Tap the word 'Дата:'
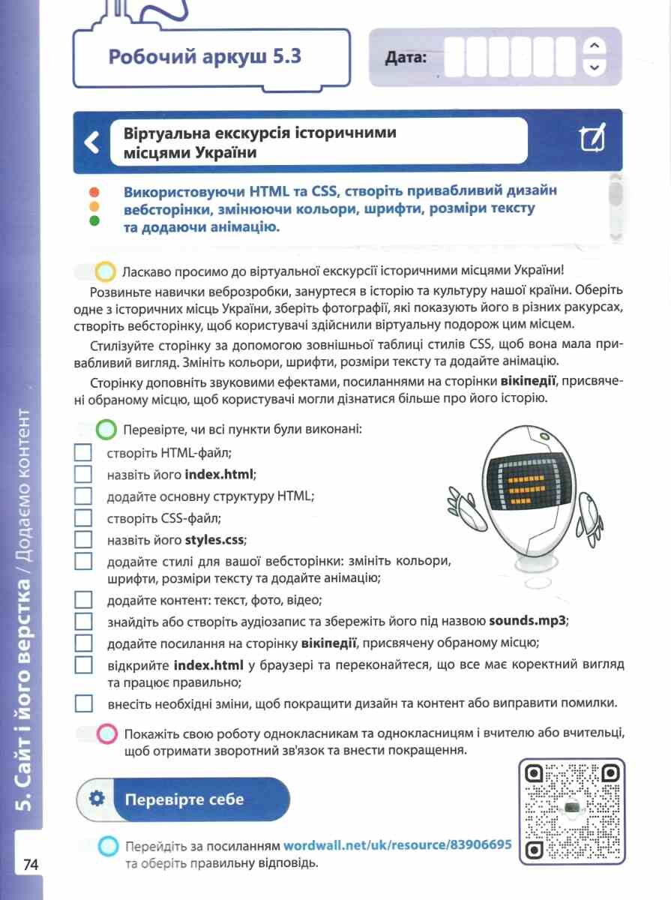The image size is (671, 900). coord(406,57)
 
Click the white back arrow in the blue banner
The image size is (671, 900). coord(91,142)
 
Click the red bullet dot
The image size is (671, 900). coord(94,192)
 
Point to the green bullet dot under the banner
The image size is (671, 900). coord(94,220)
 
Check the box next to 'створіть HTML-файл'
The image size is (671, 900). coord(83,453)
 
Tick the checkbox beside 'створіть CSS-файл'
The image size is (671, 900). coord(83,517)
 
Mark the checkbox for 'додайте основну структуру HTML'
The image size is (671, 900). coord(83,496)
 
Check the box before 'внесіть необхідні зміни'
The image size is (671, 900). coord(83,703)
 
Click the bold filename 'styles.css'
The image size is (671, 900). coord(215,539)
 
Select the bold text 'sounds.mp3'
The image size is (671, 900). coord(528,621)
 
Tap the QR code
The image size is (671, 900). coord(572,811)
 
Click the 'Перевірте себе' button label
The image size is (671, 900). coord(184,799)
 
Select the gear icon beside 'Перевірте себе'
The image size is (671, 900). coord(96,799)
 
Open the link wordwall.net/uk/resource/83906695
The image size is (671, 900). coord(397,844)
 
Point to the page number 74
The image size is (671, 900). coord(30,864)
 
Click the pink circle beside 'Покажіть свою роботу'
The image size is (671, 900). coord(107,733)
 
